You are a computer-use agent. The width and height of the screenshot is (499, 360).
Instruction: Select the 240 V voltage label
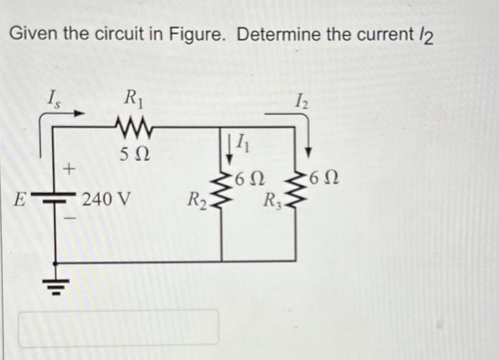pos(106,198)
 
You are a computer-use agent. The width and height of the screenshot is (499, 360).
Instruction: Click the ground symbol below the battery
pos(55,285)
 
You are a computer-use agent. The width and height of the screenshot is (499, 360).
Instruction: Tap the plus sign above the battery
pos(69,170)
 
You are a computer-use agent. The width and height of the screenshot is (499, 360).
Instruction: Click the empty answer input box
pos(123,326)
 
